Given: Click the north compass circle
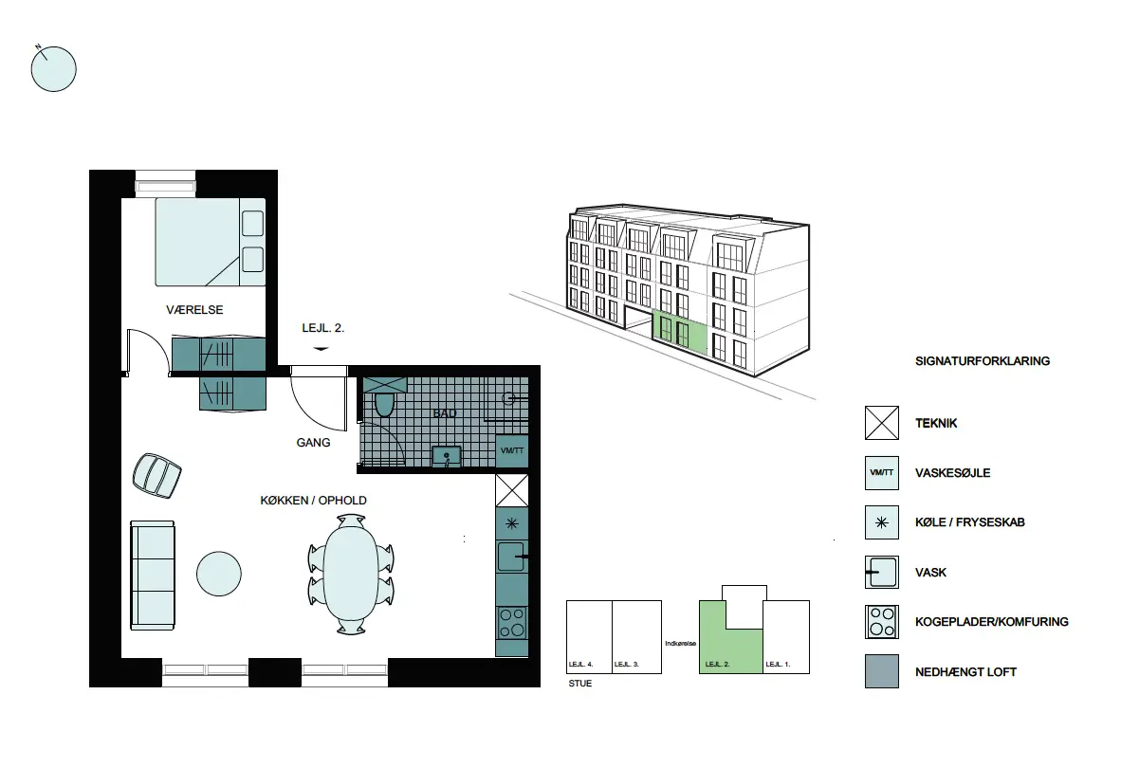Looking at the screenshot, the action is pos(54,69).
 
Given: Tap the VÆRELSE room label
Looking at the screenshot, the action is pos(194,310).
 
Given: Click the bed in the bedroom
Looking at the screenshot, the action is pos(211,242).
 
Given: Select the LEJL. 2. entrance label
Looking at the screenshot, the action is pos(323,328).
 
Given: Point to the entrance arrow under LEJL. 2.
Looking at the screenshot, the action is pos(321,349).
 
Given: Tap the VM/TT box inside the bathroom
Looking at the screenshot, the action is pos(512,450).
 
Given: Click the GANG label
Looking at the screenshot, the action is pos(313,443).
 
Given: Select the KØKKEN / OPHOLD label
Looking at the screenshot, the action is pos(313,501).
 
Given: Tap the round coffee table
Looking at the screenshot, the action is pos(219,574).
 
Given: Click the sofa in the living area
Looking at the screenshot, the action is pos(153,576).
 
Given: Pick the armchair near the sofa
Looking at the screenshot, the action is pos(156,475).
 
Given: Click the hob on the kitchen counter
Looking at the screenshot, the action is pos(512,622).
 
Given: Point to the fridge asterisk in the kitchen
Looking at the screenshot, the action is pos(512,523).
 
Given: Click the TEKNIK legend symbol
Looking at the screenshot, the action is pos(881,423).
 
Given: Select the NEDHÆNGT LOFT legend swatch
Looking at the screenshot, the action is pos(881,671).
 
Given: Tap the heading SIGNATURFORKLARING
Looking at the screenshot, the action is pos(983,361).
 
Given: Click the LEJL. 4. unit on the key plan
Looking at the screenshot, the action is pos(589,636).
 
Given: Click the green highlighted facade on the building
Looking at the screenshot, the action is pos(679,332).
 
